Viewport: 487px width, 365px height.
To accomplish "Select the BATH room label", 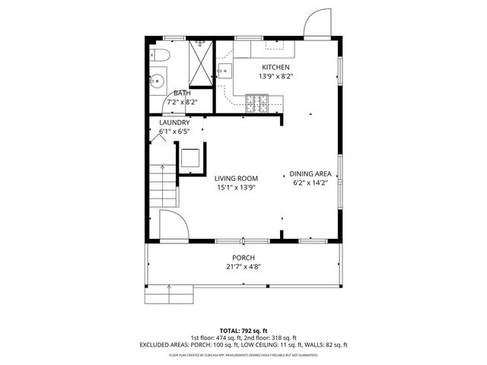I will [182, 93].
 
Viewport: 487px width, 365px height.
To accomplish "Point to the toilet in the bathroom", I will [158, 54].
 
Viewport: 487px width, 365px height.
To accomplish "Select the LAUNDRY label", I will [174, 122].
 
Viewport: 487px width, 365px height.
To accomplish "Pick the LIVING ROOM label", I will [235, 178].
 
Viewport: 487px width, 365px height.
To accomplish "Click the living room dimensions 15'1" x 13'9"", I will [235, 187].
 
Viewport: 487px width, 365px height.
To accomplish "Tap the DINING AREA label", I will [310, 174].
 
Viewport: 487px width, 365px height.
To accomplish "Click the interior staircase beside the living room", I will [162, 187].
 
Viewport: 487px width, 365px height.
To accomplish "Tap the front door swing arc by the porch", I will [173, 226].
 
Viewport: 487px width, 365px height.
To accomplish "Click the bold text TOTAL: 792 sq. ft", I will [243, 330].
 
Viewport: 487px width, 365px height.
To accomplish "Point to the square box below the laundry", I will [190, 159].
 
